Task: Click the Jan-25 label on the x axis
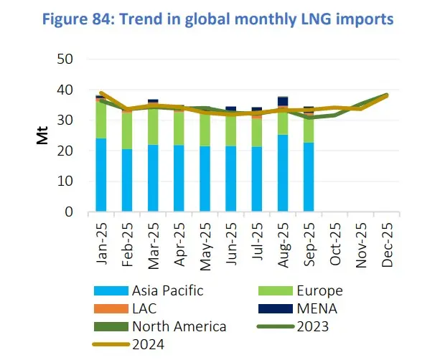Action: click(x=102, y=244)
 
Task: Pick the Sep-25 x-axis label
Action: click(x=309, y=244)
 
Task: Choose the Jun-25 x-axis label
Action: click(x=231, y=244)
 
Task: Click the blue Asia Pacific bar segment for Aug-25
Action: click(x=283, y=174)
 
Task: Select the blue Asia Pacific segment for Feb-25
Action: click(x=127, y=181)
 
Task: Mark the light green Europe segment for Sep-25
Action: click(x=309, y=128)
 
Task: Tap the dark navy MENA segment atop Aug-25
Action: click(x=283, y=101)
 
